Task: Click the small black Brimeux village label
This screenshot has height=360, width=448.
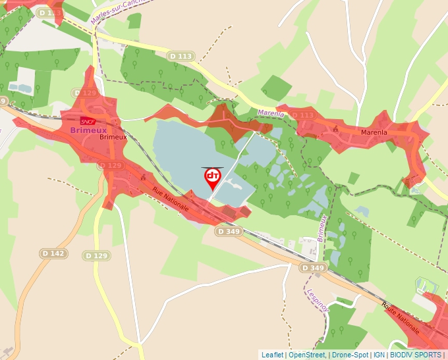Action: [x=113, y=138]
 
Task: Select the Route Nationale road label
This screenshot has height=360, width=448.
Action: [x=400, y=316]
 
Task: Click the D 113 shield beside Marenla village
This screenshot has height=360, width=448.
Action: [x=302, y=116]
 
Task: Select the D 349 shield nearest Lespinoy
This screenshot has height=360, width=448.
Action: [x=313, y=268]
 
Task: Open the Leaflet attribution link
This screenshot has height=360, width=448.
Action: [x=272, y=355]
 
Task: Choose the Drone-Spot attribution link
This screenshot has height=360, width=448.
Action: [x=350, y=355]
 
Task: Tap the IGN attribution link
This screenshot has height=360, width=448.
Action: [x=379, y=355]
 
